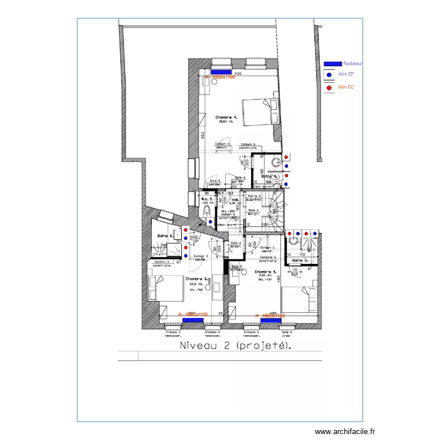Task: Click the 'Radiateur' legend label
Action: [353, 63]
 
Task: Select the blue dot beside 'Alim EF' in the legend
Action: [329, 75]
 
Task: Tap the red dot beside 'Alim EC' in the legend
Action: [329, 88]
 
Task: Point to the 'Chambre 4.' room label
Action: [226, 117]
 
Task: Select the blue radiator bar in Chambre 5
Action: [273, 320]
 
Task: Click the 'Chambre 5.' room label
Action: [266, 272]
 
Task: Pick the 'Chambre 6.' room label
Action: [198, 279]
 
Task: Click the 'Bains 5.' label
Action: [300, 260]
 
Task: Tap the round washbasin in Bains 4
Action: [276, 162]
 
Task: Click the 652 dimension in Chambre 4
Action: [202, 136]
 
